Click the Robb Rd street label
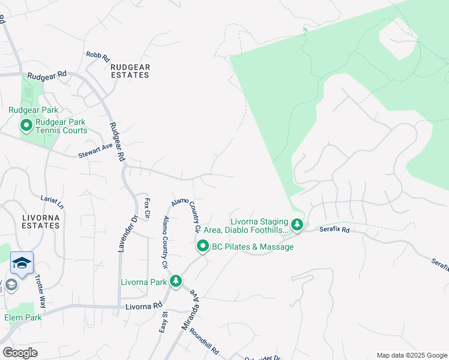pos(97,56)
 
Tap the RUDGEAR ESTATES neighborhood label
pos(130,71)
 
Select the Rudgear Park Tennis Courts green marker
pos(26,125)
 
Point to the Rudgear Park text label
pos(34,110)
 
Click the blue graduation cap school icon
pos(22,263)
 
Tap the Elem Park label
pos(23,317)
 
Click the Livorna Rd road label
pos(144,305)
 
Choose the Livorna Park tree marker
pos(175,281)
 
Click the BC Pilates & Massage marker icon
pos(203,246)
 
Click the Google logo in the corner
pos(20,352)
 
